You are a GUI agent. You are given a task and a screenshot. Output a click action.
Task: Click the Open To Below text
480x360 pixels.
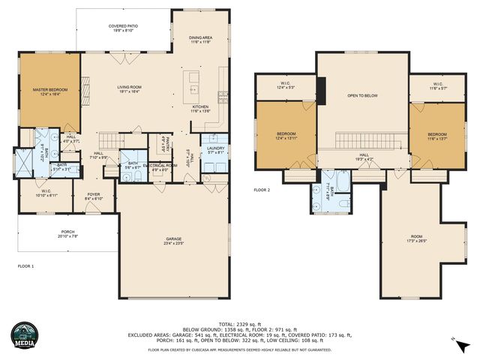[x=362, y=96]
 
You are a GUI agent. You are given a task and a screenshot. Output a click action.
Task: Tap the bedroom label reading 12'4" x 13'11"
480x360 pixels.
[x=286, y=136]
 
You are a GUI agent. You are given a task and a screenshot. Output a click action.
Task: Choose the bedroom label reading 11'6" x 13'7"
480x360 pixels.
[x=437, y=136]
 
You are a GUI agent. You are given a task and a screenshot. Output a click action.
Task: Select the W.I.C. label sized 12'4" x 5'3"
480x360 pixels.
[x=286, y=85]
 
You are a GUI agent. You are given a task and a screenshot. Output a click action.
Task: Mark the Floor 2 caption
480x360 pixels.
[x=262, y=190]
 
